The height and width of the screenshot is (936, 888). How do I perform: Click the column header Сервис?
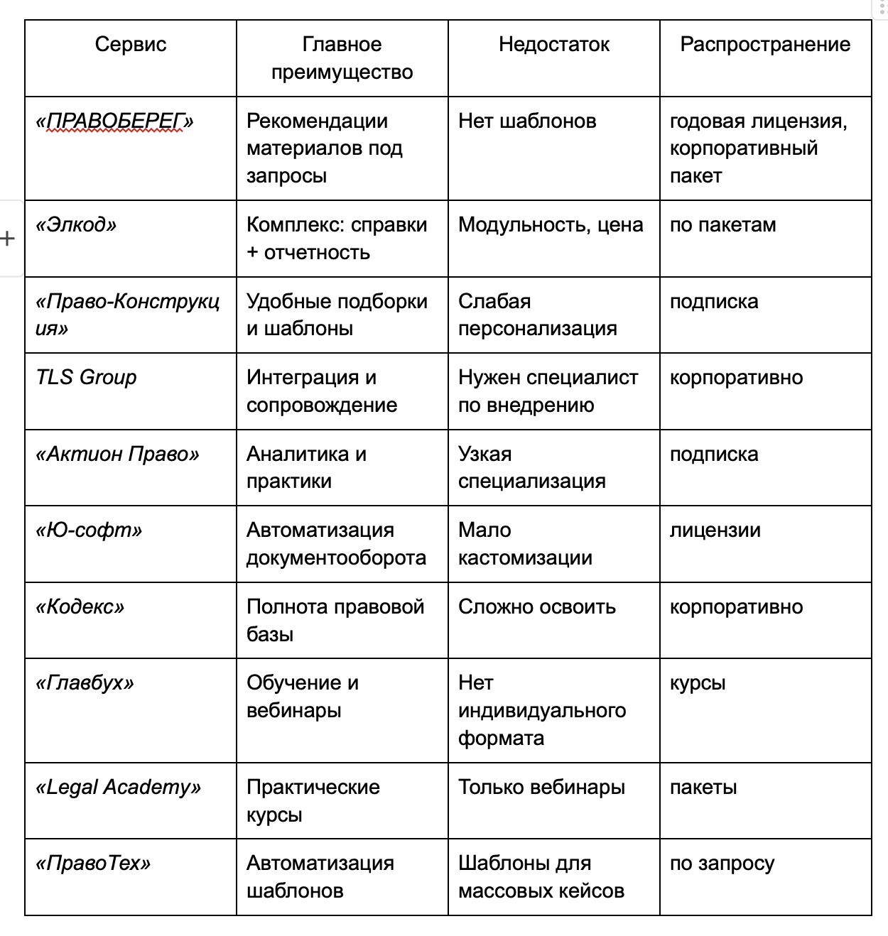tap(131, 45)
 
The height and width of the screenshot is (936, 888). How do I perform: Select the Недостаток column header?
tap(554, 45)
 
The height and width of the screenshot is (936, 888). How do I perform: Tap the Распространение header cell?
tap(765, 45)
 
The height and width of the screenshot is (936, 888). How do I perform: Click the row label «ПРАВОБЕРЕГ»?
tap(114, 121)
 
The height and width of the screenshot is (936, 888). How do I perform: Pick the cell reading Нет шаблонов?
tap(527, 121)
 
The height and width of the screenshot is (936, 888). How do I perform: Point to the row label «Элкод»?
tap(76, 225)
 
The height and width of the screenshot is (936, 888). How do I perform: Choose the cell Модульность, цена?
tap(551, 225)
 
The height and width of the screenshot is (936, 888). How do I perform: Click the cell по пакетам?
tap(722, 225)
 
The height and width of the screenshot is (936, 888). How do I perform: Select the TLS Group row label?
tap(86, 377)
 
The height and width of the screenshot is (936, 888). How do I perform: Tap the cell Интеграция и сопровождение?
tap(322, 391)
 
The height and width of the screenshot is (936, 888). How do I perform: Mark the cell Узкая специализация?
tap(531, 467)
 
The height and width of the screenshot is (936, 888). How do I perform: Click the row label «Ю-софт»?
tap(89, 530)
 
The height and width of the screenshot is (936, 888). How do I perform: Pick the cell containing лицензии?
tap(715, 530)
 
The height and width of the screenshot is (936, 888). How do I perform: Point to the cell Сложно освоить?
tap(536, 607)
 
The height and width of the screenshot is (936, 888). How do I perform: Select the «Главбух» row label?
tap(85, 683)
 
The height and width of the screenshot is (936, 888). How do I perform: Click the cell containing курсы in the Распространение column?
tap(698, 683)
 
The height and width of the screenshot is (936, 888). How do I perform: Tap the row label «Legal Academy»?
tap(118, 788)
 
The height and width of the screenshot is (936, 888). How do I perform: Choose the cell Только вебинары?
tap(541, 788)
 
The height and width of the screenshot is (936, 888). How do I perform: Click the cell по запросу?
tap(722, 864)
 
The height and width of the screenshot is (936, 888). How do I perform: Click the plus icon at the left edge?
tap(8, 239)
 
